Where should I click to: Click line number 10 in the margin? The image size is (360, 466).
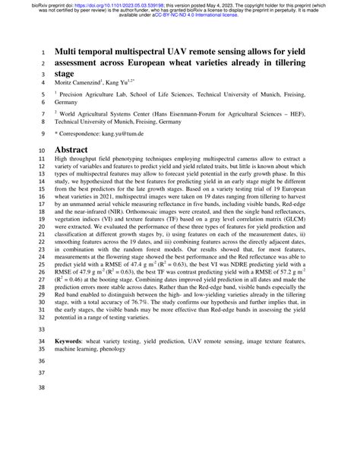pyautogui.click(x=41, y=150)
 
